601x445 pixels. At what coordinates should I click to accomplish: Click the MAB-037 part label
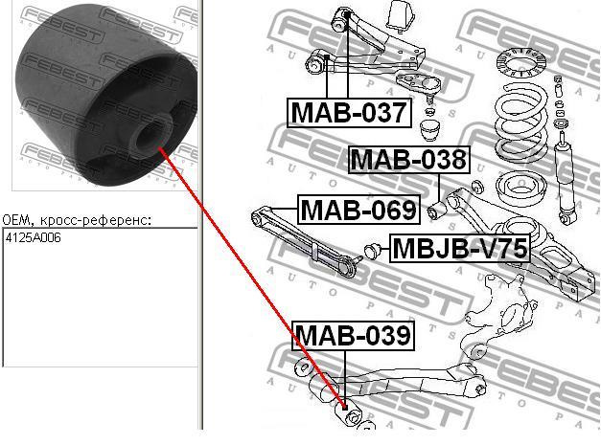(x=349, y=112)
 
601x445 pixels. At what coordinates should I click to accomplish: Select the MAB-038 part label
(x=407, y=159)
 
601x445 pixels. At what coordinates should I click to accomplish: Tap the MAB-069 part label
(x=358, y=209)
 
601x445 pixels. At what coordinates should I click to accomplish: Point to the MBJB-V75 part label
(x=459, y=249)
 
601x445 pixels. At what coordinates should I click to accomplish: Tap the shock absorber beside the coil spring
(x=565, y=182)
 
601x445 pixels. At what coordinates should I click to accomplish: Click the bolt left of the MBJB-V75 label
(x=373, y=251)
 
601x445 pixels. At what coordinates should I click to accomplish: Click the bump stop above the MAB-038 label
(x=429, y=127)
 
